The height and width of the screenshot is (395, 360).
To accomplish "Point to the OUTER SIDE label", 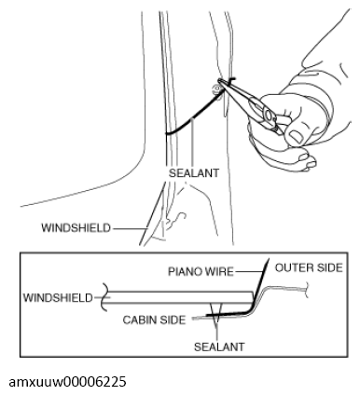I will (310, 266).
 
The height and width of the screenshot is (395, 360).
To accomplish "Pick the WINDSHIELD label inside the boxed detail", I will (58, 297).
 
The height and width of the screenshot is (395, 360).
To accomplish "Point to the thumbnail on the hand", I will (297, 137).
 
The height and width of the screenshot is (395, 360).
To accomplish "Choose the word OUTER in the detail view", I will (294, 266).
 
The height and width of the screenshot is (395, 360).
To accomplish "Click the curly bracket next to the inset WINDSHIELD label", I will (104, 297).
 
